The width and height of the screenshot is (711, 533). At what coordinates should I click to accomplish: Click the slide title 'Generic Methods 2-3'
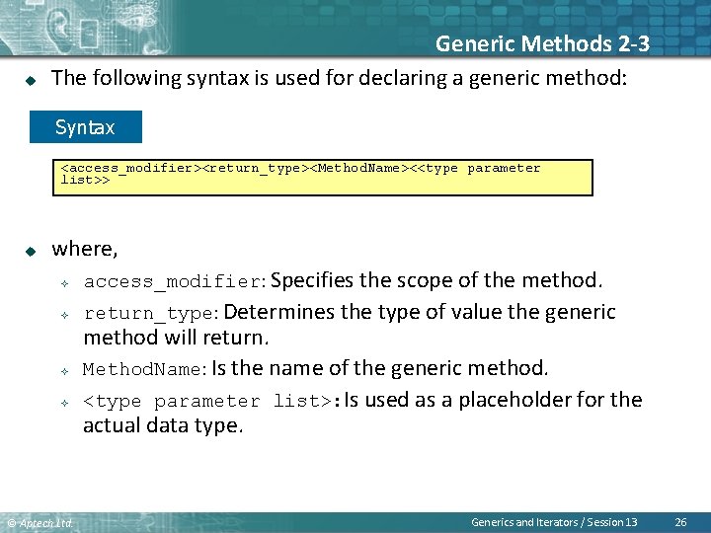tap(542, 43)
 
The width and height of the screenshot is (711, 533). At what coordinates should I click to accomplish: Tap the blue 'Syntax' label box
tap(85, 127)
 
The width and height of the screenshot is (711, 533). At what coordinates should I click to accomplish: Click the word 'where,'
tap(85, 249)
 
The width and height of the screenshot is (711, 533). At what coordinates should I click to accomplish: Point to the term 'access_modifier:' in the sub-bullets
tap(174, 282)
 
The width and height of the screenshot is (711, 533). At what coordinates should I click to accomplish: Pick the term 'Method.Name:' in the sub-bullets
tap(144, 369)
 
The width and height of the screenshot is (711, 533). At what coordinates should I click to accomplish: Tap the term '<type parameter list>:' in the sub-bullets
tap(211, 401)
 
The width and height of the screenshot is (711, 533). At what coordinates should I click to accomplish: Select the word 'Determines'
tap(279, 313)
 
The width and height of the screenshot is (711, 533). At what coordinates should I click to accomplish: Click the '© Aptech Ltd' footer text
tap(39, 522)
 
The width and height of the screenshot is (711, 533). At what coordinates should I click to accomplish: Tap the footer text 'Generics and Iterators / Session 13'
tap(554, 521)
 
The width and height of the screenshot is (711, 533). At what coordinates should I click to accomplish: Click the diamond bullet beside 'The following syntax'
tap(30, 79)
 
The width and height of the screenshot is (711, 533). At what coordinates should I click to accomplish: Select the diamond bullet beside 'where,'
tap(30, 251)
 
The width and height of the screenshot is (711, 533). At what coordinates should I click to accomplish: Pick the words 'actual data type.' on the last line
tap(162, 425)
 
